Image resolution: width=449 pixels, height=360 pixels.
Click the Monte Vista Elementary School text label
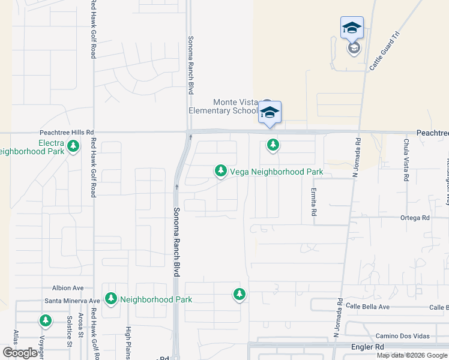[223, 106]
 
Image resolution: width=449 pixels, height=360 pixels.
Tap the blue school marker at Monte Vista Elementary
[270, 112]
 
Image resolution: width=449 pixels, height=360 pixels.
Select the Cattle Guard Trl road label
[384, 52]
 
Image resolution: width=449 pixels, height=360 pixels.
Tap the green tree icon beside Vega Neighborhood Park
[221, 172]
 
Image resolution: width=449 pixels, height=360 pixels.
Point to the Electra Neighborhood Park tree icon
[73, 146]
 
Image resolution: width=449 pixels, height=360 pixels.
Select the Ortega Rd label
[415, 218]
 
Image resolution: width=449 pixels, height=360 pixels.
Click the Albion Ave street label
[68, 288]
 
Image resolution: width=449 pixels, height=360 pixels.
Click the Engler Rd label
[367, 347]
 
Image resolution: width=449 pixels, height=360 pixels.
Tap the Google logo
[20, 353]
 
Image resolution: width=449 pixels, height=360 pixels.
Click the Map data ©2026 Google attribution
[412, 355]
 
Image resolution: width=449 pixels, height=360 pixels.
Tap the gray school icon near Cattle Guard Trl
[354, 48]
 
